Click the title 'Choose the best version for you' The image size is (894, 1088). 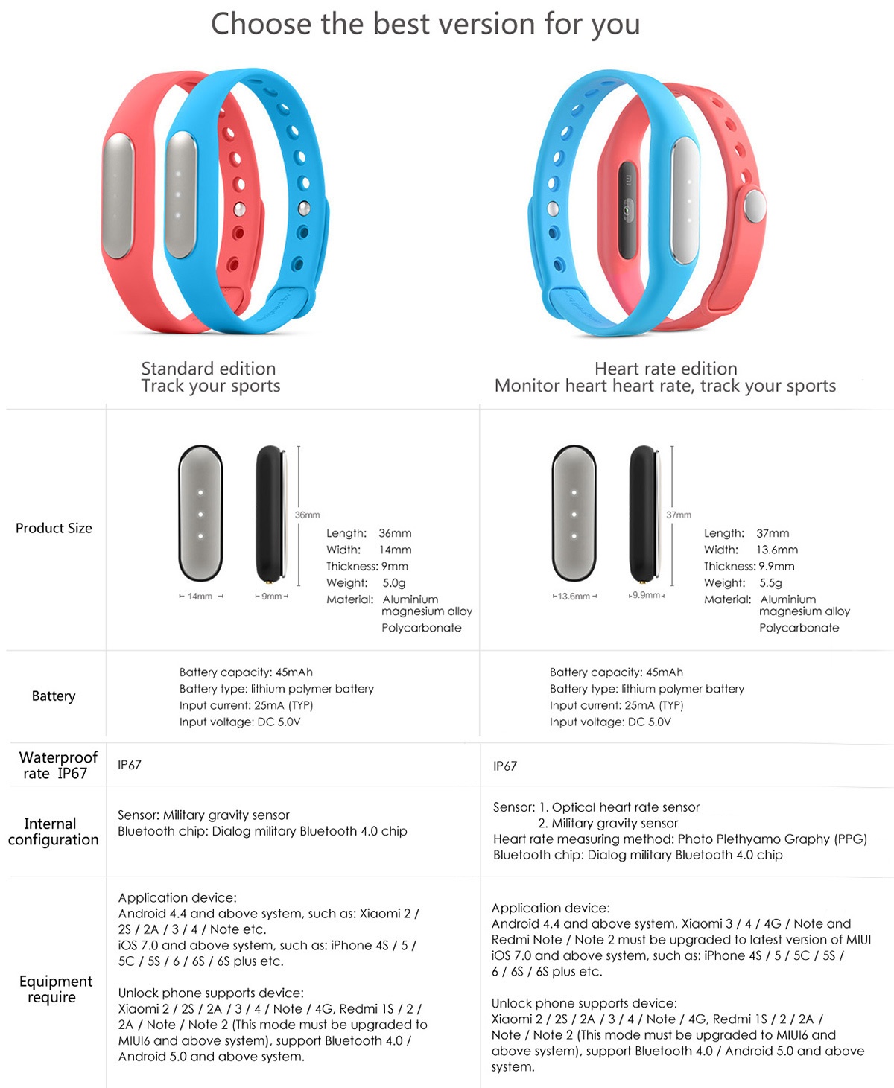[425, 24]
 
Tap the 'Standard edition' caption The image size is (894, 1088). [209, 369]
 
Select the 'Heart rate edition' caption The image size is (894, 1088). [666, 369]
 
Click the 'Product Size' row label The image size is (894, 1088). [54, 528]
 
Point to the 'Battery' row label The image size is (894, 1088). [54, 696]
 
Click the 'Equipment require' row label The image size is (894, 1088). [56, 989]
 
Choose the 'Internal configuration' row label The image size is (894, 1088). [53, 832]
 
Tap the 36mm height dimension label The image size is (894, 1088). [307, 515]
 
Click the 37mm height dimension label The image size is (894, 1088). [679, 515]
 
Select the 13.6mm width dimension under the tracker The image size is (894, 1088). [574, 597]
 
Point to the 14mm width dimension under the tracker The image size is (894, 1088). [201, 597]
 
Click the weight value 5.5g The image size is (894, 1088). [770, 583]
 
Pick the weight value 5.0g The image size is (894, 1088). [394, 583]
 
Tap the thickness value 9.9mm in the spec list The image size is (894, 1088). [776, 566]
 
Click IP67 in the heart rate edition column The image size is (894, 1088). [505, 766]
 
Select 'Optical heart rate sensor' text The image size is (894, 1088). [626, 807]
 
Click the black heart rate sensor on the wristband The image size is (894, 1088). [627, 210]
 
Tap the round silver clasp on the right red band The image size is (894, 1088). [755, 206]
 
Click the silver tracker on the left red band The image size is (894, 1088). [118, 196]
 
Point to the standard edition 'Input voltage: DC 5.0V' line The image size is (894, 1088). [239, 722]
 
